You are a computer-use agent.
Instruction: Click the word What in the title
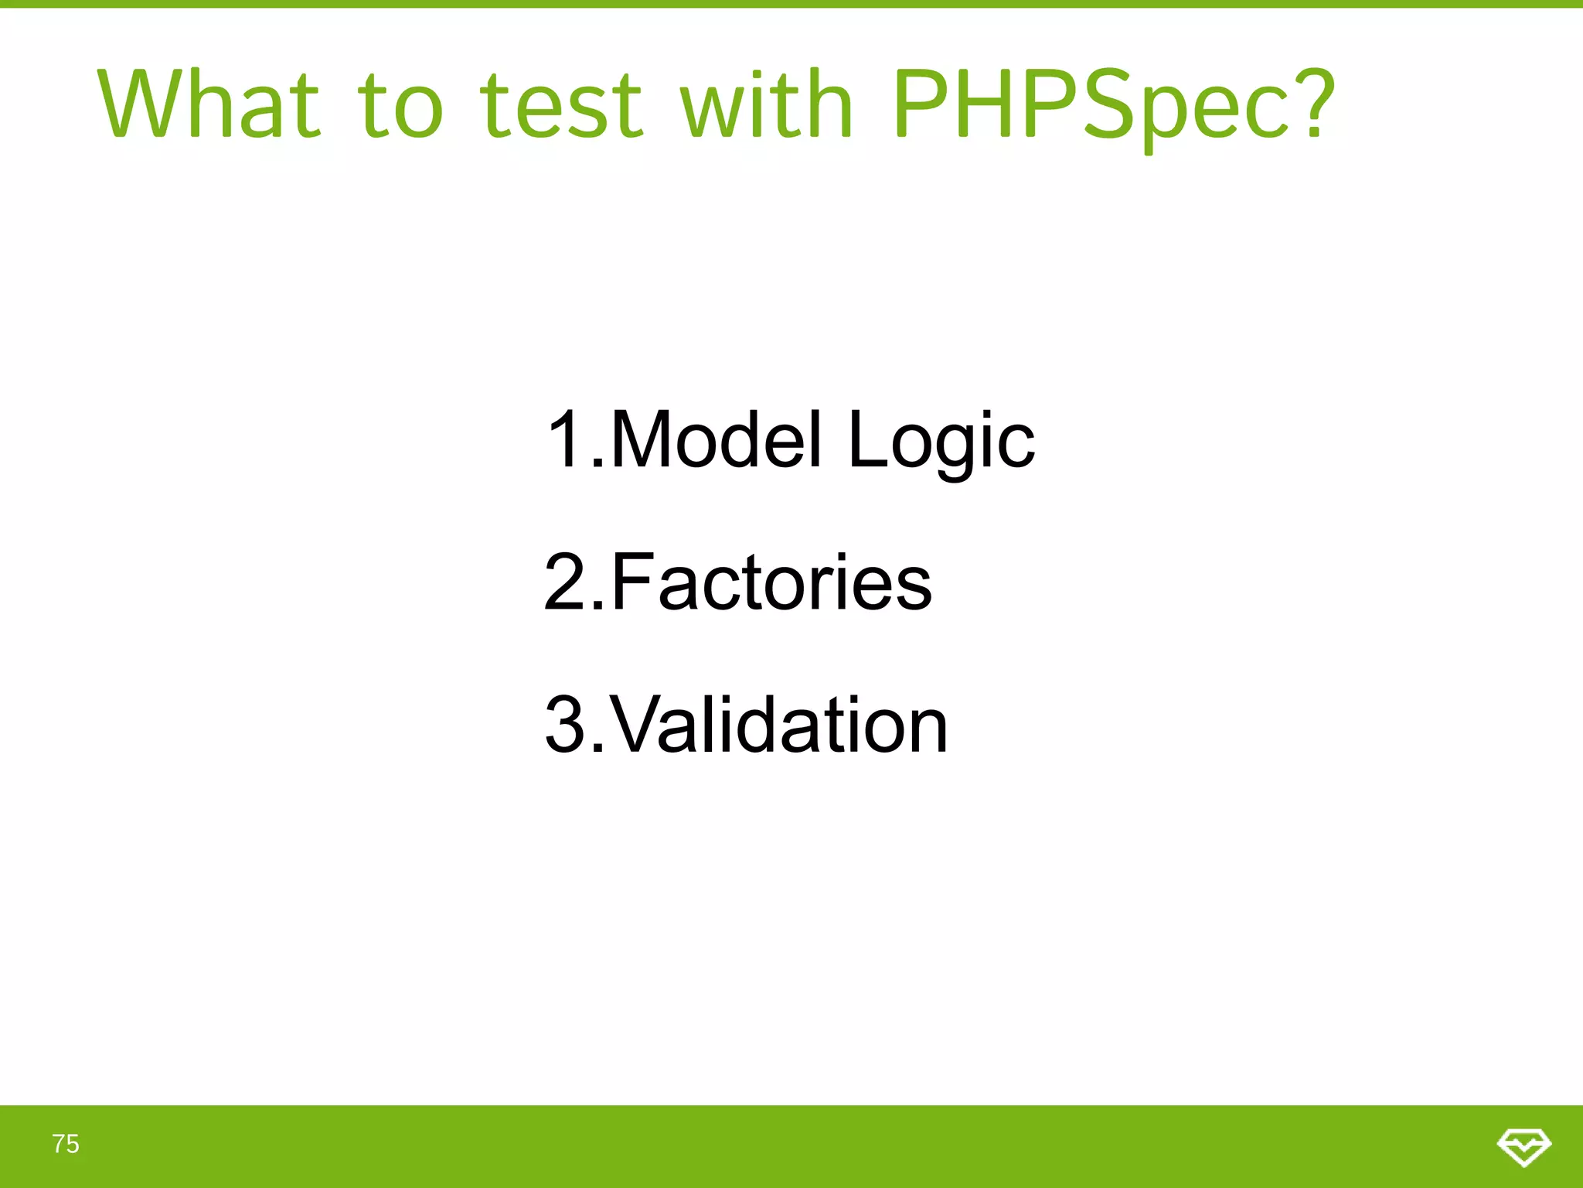coord(209,104)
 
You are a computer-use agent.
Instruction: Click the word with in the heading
coord(766,104)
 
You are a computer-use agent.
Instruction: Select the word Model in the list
coord(715,439)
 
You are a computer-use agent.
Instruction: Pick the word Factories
coord(771,582)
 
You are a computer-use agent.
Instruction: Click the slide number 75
coord(66,1144)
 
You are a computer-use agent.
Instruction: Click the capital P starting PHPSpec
coord(921,104)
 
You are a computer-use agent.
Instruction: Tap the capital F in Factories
coord(629,582)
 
